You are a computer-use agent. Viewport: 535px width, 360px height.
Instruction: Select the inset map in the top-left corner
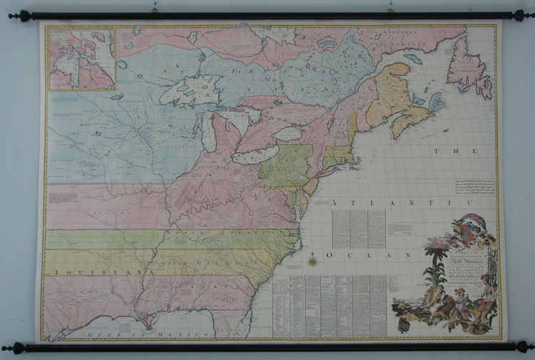pyautogui.click(x=81, y=58)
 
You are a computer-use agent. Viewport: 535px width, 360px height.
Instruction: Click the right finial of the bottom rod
pyautogui.click(x=525, y=346)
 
